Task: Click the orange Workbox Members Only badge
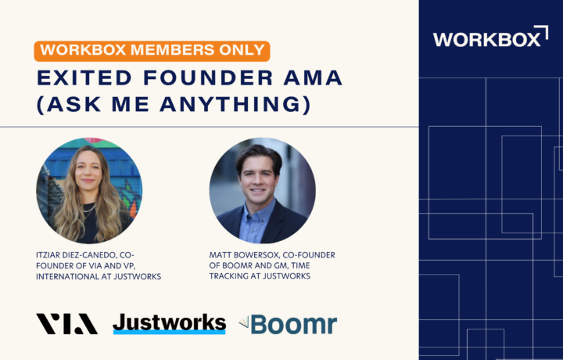pyautogui.click(x=152, y=51)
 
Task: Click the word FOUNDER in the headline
pyautogui.click(x=208, y=78)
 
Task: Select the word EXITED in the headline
pyautogui.click(x=84, y=78)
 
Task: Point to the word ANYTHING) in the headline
pyautogui.click(x=235, y=104)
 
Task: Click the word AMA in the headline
pyautogui.click(x=313, y=78)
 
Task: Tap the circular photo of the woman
pyautogui.click(x=89, y=190)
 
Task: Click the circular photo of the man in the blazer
pyautogui.click(x=263, y=190)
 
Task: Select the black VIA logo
pyautogui.click(x=66, y=324)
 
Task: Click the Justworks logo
pyautogui.click(x=169, y=324)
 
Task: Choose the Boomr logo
pyautogui.click(x=288, y=325)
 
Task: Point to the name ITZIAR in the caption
pyautogui.click(x=48, y=255)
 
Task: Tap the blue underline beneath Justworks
pyautogui.click(x=169, y=333)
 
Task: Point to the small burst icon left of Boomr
pyautogui.click(x=244, y=322)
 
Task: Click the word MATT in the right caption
pyautogui.click(x=218, y=255)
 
